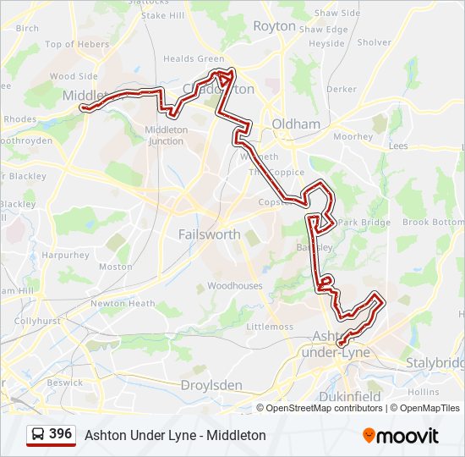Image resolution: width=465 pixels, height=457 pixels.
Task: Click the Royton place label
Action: pyautogui.click(x=275, y=26)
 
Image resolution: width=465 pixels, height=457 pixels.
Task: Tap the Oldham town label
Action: pyautogui.click(x=295, y=124)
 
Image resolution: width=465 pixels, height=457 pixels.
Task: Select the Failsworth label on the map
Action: pyautogui.click(x=209, y=234)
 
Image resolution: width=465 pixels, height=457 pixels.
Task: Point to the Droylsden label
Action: pyautogui.click(x=211, y=385)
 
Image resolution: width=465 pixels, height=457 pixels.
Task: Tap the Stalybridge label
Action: pyautogui.click(x=435, y=362)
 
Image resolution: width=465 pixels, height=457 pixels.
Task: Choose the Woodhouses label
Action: pyautogui.click(x=235, y=286)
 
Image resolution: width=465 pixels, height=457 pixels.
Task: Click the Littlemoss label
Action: pyautogui.click(x=269, y=327)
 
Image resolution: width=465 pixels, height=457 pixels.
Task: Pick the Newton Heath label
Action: pyautogui.click(x=123, y=304)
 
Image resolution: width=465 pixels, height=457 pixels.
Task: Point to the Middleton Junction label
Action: pyautogui.click(x=166, y=135)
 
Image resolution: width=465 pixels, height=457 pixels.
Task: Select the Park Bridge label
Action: pyautogui.click(x=364, y=222)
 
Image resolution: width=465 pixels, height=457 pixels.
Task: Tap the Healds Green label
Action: pyautogui.click(x=194, y=59)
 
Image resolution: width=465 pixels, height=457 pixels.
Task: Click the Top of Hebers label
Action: pyautogui.click(x=77, y=45)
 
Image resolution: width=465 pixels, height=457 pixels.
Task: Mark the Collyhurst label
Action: pyautogui.click(x=36, y=321)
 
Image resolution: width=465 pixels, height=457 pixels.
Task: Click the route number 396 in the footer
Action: pyautogui.click(x=60, y=434)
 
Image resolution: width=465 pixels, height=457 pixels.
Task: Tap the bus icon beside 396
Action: pyautogui.click(x=38, y=435)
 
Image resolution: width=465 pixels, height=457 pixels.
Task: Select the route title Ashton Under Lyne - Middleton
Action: pyautogui.click(x=175, y=435)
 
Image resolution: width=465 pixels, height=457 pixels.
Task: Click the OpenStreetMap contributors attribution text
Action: pyautogui.click(x=324, y=408)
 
